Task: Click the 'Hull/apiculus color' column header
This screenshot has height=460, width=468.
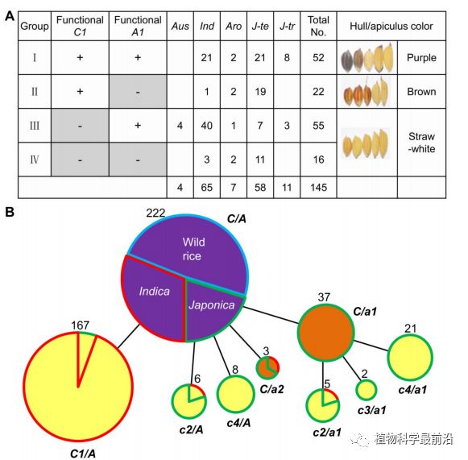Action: click(391, 27)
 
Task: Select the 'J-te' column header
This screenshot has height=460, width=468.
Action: click(260, 27)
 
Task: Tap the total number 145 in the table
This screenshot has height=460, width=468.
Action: click(318, 188)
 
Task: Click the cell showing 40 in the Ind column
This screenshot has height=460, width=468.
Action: click(206, 126)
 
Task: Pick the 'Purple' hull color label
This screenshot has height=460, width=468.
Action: click(421, 58)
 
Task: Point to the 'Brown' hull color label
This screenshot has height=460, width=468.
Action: click(421, 91)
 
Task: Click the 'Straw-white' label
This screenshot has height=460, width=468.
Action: click(421, 143)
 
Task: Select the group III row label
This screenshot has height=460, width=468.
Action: click(35, 126)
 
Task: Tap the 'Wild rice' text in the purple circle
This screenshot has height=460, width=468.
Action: click(193, 249)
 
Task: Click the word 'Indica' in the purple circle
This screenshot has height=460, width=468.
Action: click(155, 292)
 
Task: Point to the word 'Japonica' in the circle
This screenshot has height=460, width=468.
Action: click(212, 305)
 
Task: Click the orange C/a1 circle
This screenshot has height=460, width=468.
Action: click(326, 332)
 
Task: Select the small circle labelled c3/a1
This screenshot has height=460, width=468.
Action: click(367, 390)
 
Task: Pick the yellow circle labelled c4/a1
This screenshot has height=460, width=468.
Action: click(410, 358)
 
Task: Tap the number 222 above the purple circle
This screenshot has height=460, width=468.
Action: click(155, 213)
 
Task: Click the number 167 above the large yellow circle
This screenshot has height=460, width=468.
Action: click(80, 325)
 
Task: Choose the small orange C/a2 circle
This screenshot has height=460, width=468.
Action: click(267, 367)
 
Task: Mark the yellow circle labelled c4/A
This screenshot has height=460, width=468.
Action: click(235, 394)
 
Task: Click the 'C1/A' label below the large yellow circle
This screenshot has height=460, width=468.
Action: click(83, 454)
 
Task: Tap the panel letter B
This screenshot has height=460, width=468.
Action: click(10, 212)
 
